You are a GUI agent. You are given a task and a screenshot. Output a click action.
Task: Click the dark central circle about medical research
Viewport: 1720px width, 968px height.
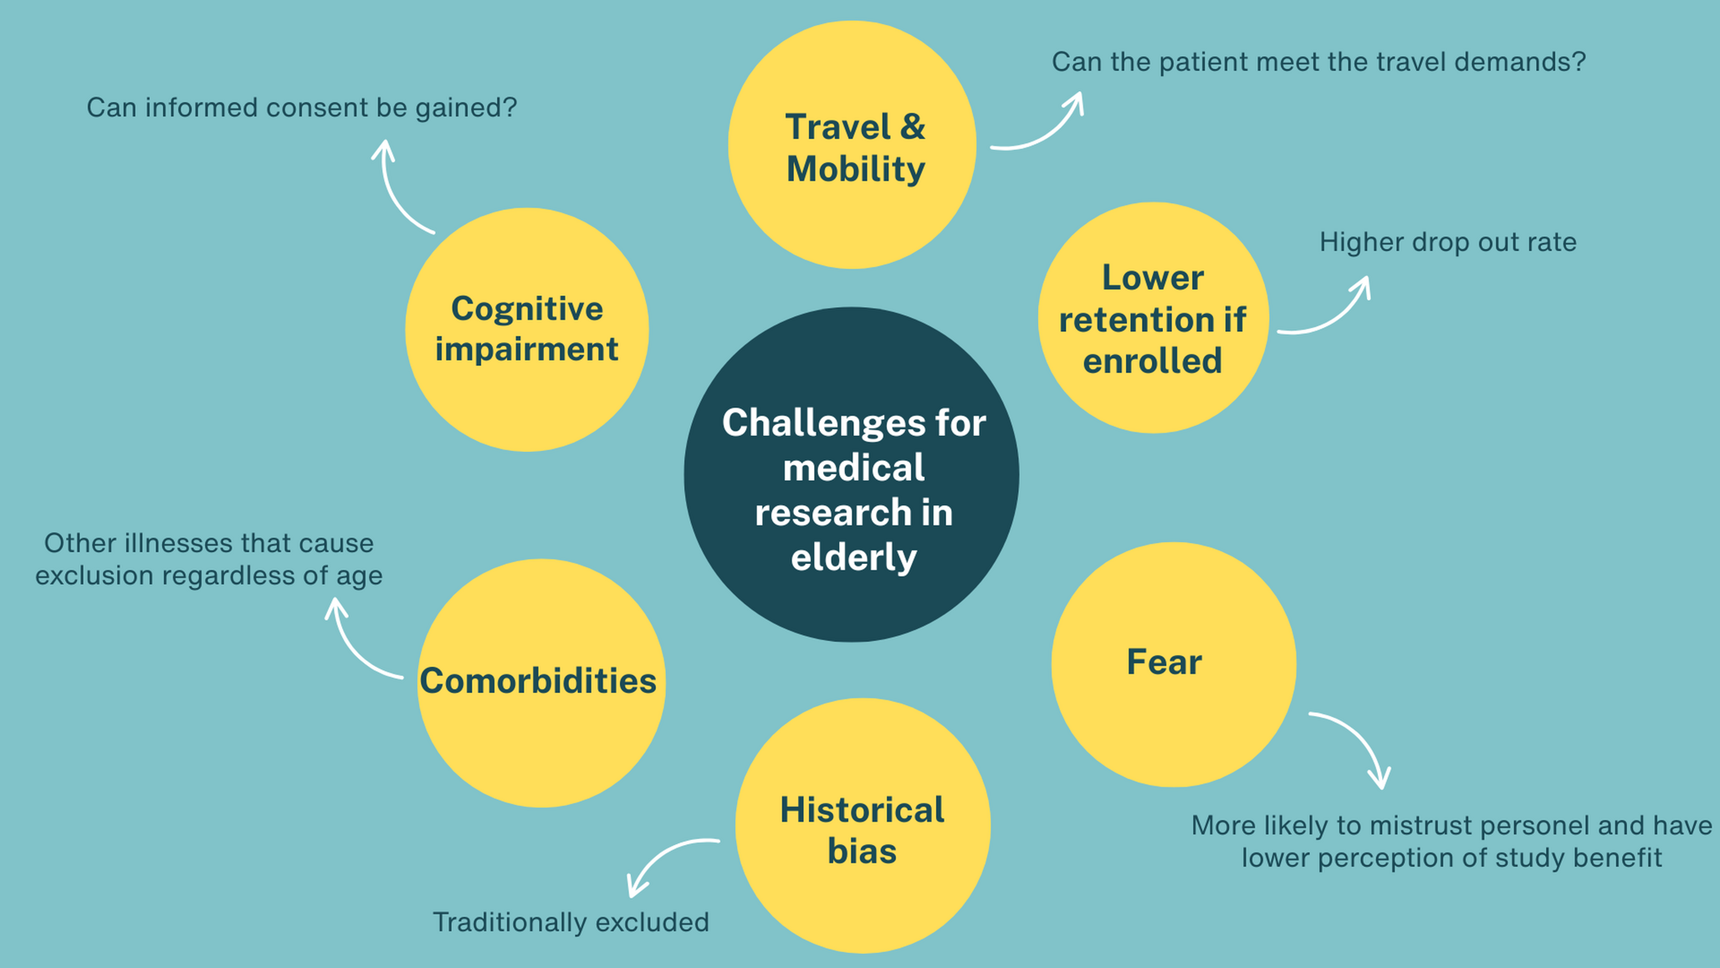(852, 474)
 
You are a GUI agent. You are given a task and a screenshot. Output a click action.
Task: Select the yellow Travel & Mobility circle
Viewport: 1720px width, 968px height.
(852, 145)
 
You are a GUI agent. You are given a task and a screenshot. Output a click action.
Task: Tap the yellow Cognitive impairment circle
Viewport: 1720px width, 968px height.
(527, 330)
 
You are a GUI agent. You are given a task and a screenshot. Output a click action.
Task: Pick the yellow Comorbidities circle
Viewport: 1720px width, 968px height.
(541, 683)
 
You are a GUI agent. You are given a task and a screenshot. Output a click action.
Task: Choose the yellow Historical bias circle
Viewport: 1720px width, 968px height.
(863, 826)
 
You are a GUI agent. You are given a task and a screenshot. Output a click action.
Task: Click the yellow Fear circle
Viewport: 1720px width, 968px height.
(1174, 664)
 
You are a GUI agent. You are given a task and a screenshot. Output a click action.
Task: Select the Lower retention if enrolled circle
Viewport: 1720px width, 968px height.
(1154, 318)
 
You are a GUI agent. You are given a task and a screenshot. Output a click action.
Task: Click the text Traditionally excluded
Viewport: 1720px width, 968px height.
(571, 922)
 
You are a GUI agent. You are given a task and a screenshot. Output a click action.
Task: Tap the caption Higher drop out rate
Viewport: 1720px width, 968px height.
(1448, 242)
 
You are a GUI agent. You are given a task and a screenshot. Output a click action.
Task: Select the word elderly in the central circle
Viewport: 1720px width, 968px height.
(853, 556)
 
